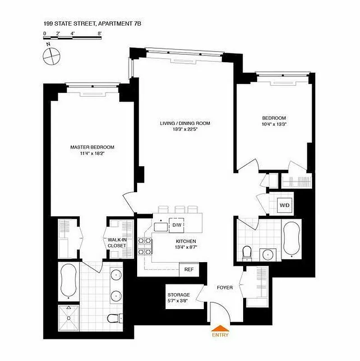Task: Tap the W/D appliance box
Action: tap(285, 205)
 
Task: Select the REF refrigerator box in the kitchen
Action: tap(189, 269)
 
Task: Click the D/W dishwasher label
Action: tap(175, 224)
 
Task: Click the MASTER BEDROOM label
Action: tap(92, 147)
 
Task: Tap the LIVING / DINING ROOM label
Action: tap(185, 123)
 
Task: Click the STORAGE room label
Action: tap(179, 295)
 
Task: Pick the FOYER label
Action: tap(224, 287)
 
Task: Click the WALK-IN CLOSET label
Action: tap(117, 243)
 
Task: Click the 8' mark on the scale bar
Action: tap(99, 33)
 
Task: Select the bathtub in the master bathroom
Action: tap(68, 281)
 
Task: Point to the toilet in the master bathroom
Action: tap(117, 318)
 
